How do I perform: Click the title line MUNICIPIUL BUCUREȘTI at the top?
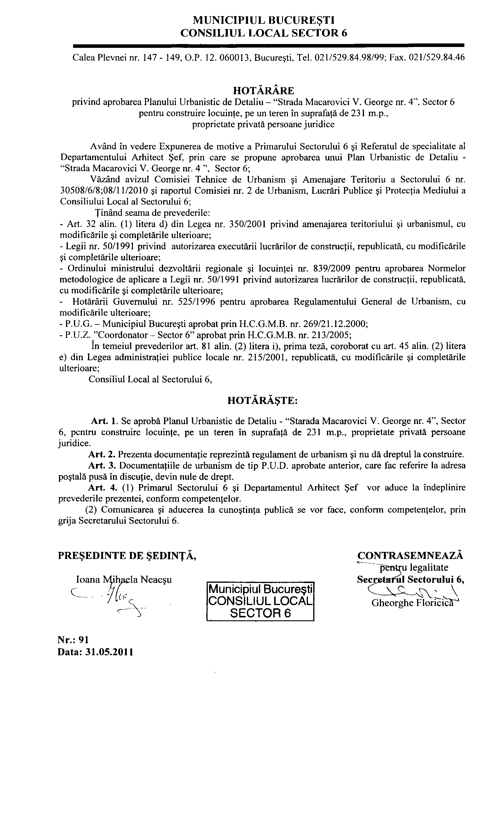263,20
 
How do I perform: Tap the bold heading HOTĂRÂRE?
263,90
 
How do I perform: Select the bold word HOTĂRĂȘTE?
262,401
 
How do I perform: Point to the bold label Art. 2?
102,454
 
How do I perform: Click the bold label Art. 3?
102,465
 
